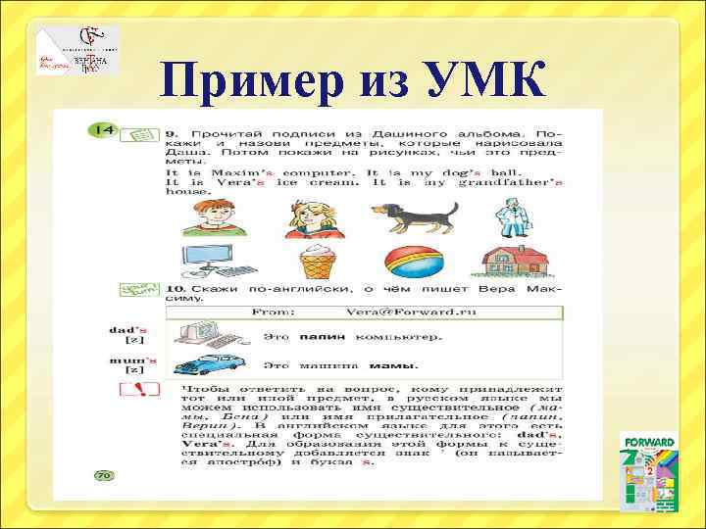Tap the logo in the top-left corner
78,51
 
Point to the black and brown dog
414,214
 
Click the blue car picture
209,364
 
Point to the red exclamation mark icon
139,392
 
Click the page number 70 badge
104,475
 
